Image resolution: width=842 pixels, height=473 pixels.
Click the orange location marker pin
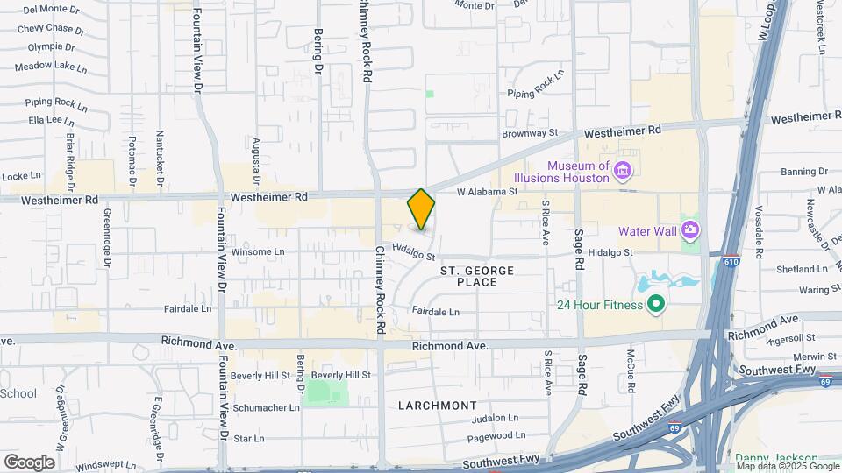click(421, 209)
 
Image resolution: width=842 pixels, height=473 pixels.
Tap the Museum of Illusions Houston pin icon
click(623, 170)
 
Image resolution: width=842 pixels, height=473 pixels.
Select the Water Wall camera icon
click(690, 230)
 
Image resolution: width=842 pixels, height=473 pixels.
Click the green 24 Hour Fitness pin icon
click(654, 306)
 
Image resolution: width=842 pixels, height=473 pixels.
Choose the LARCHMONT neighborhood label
click(438, 406)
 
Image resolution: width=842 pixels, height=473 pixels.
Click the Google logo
click(29, 462)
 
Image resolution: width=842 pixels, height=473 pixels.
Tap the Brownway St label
click(530, 134)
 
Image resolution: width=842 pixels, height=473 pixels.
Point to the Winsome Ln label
click(259, 251)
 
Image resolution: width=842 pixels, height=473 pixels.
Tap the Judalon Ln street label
click(496, 418)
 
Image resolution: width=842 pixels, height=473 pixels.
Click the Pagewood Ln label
click(496, 435)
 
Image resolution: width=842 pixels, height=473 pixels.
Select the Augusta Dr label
click(256, 155)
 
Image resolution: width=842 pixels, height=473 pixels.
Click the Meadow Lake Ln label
click(51, 67)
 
